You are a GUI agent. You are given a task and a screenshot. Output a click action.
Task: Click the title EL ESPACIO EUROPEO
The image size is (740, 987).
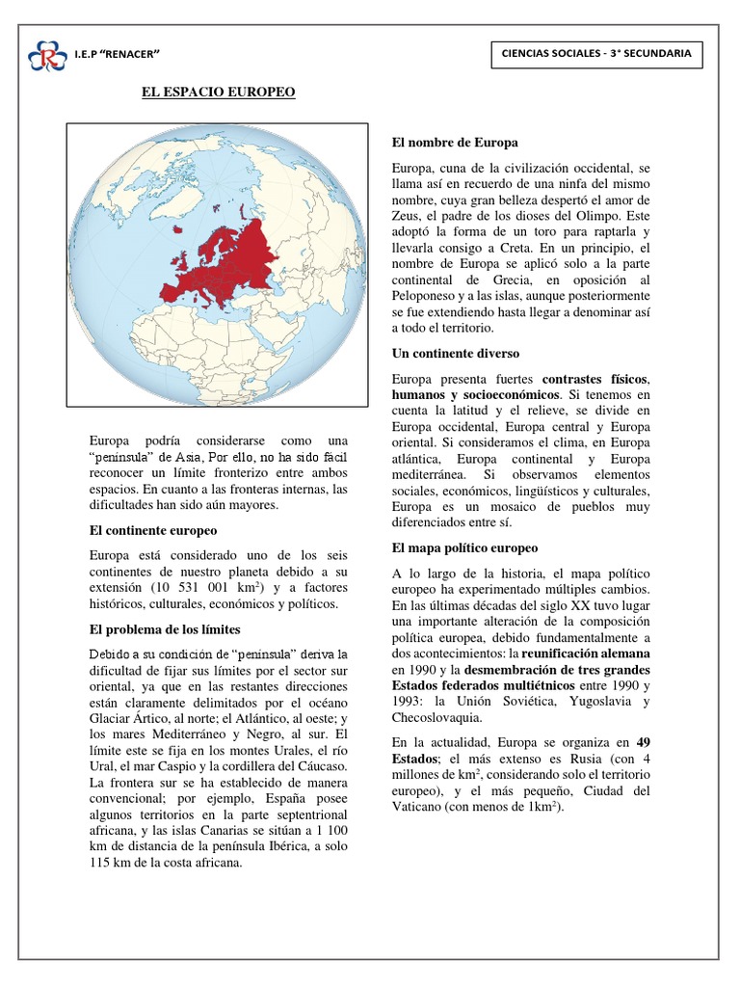213,92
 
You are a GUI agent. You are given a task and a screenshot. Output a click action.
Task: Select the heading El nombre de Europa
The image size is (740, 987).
455,142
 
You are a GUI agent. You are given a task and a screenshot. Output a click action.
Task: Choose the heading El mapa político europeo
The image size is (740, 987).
464,547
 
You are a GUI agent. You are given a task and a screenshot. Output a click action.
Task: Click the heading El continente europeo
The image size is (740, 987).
153,530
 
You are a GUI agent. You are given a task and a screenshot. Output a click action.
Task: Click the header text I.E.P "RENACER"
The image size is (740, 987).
117,54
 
